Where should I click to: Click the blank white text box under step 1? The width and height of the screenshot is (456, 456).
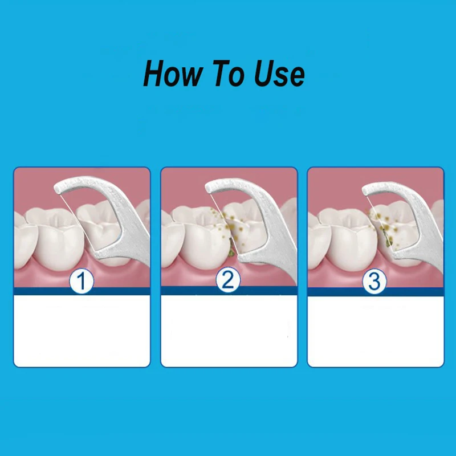pyautogui.click(x=82, y=331)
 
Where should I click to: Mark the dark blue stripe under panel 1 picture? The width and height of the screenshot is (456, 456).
pyautogui.click(x=82, y=291)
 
